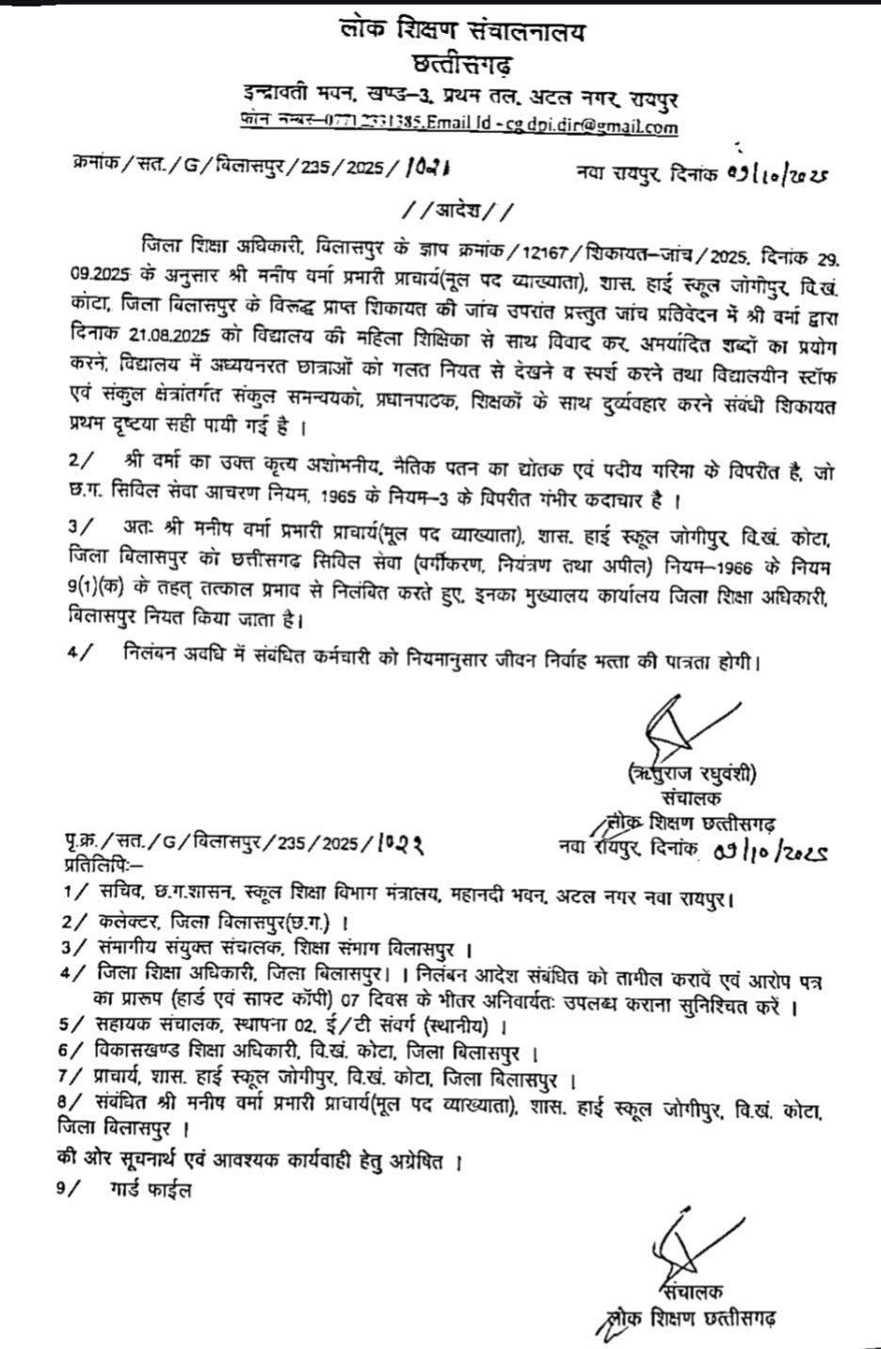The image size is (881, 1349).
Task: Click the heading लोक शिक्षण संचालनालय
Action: tap(462, 34)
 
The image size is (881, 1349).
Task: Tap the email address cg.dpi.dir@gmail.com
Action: tap(591, 124)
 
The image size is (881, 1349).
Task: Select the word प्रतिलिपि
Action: tap(100, 863)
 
